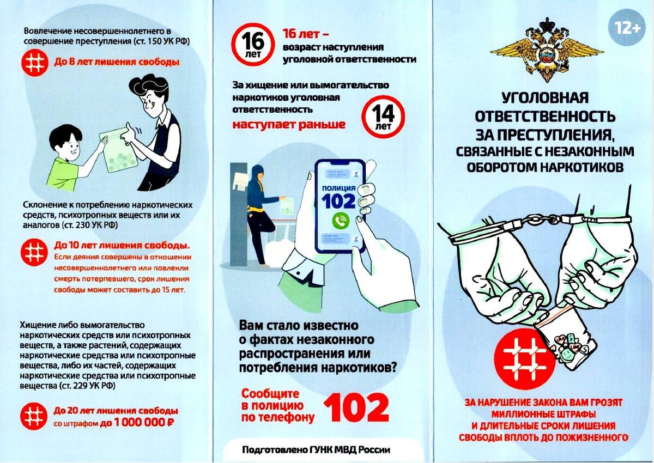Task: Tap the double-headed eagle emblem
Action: tap(547, 50)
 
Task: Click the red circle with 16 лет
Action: tap(253, 44)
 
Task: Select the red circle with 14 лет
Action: tap(383, 117)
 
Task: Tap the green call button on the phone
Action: tap(341, 221)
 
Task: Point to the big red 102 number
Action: tap(356, 408)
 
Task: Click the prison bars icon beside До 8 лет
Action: tap(35, 63)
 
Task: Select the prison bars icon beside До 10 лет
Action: tap(34, 252)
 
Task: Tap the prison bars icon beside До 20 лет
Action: tap(34, 416)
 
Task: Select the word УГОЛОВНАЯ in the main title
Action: tap(545, 98)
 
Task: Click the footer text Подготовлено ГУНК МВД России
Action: tap(316, 449)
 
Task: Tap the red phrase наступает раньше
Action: tap(289, 125)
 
